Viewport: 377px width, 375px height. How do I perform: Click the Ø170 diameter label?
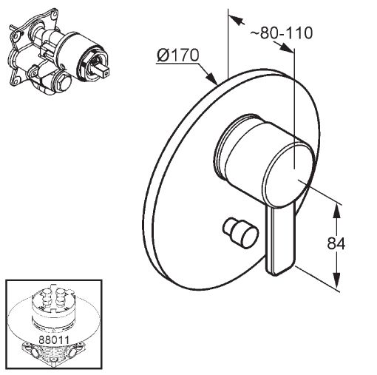click(x=177, y=55)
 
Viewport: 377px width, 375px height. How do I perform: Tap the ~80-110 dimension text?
click(x=282, y=33)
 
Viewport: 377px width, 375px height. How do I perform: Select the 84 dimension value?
click(x=336, y=243)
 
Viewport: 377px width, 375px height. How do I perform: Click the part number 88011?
click(x=54, y=340)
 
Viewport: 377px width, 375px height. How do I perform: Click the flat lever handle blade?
click(x=280, y=239)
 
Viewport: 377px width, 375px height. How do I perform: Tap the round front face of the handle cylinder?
click(x=288, y=175)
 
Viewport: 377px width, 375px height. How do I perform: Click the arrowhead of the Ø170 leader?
click(x=211, y=78)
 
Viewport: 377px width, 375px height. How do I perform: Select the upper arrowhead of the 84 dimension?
click(x=336, y=212)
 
